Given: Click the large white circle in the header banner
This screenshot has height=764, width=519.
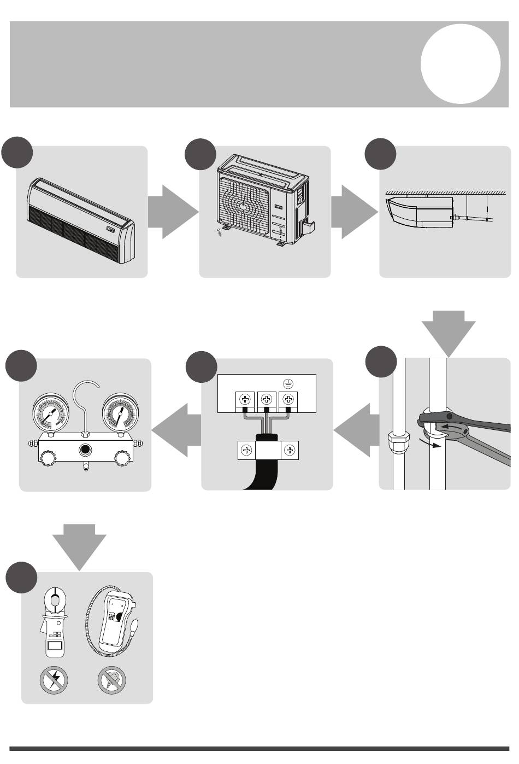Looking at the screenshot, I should pyautogui.click(x=461, y=63).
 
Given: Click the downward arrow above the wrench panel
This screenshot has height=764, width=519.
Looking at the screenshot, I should pyautogui.click(x=448, y=331).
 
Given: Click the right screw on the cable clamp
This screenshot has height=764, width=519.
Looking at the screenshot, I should pyautogui.click(x=290, y=451).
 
